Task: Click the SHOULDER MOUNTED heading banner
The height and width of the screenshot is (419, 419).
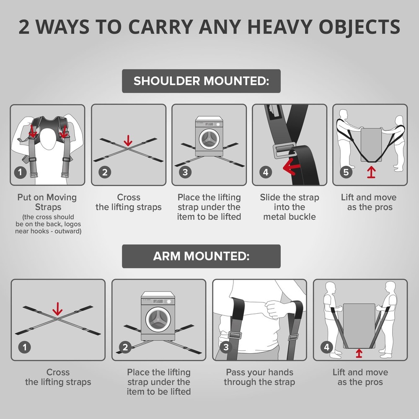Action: tap(201, 81)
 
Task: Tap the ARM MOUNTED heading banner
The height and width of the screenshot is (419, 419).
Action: tap(201, 256)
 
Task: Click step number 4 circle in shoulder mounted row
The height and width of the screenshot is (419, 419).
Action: tap(266, 172)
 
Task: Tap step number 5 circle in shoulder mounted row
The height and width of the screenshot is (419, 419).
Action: tap(346, 172)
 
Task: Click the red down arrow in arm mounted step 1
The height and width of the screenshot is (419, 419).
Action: tap(57, 309)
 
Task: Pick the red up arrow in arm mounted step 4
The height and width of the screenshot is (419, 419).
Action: tap(359, 353)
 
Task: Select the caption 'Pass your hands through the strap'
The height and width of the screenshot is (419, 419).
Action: tap(259, 377)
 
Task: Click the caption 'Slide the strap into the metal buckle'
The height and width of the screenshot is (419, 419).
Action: tap(290, 207)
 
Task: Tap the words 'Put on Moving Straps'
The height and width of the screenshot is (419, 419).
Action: tap(47, 202)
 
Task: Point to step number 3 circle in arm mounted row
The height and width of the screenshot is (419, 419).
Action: tap(226, 347)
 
